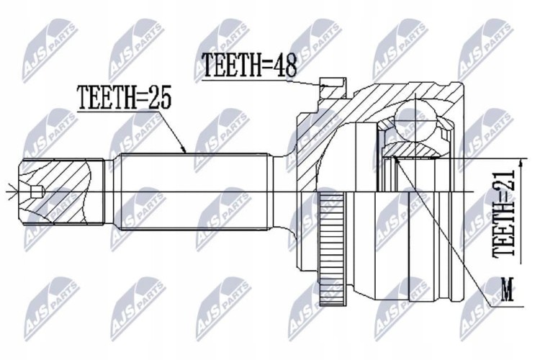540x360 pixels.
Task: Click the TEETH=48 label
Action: click(x=249, y=65)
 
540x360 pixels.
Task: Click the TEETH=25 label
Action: click(x=125, y=97)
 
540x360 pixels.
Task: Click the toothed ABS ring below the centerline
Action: click(x=331, y=248)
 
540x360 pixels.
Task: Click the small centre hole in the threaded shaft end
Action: click(x=36, y=192)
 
